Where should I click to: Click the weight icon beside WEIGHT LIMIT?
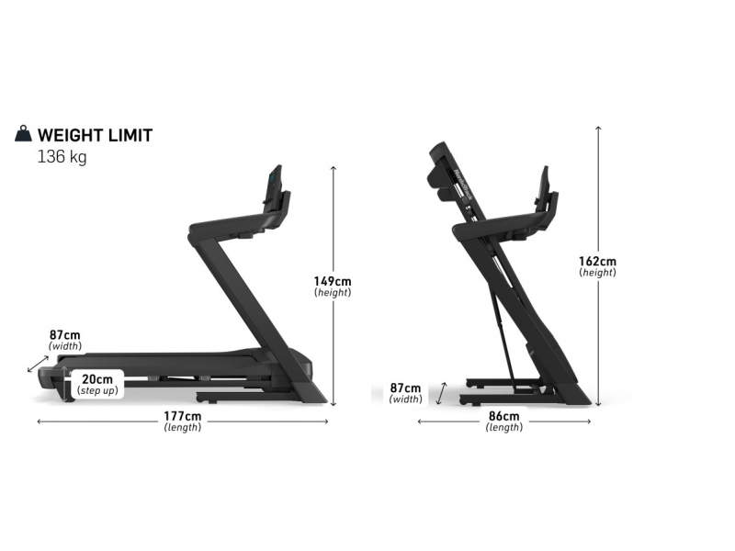(23, 135)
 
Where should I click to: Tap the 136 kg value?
(62, 157)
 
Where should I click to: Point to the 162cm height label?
(598, 262)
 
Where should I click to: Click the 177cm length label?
(183, 417)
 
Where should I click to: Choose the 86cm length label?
(503, 417)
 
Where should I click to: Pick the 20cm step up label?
(96, 379)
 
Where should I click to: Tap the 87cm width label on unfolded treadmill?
(65, 336)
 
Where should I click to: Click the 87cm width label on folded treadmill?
(406, 388)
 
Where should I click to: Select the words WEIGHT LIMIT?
(95, 135)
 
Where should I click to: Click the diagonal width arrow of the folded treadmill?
(441, 393)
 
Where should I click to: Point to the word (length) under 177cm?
(183, 428)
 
